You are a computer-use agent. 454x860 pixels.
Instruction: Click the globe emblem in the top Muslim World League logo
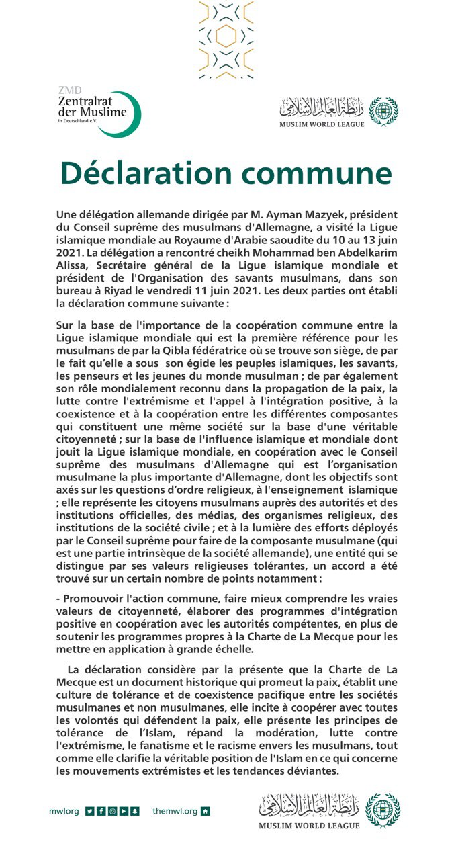click(x=383, y=112)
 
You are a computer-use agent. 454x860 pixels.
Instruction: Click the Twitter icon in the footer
click(x=90, y=811)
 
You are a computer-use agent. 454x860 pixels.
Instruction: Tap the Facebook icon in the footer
click(x=101, y=811)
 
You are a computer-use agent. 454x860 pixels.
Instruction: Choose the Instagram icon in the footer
click(x=112, y=811)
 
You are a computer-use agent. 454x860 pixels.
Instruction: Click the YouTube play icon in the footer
click(x=124, y=811)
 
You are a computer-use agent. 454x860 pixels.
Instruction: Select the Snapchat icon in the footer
click(x=134, y=811)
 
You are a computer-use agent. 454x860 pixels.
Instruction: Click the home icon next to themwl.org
click(x=206, y=811)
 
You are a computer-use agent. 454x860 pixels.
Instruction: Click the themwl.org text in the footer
click(x=175, y=811)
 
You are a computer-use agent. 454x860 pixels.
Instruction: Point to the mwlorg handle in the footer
click(x=63, y=811)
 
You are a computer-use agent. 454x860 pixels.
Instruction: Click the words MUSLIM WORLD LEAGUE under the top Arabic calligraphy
click(x=322, y=124)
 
